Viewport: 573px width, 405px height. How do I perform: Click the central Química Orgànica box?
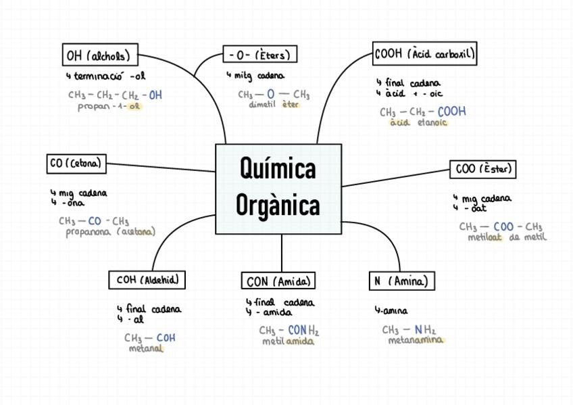pyautogui.click(x=278, y=189)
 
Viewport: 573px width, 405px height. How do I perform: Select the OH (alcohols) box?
pyautogui.click(x=99, y=55)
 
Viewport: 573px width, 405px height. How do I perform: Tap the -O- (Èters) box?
pyautogui.click(x=260, y=54)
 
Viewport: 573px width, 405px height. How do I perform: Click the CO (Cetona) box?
pyautogui.click(x=76, y=163)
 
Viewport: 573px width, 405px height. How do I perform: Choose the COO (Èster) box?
pyautogui.click(x=482, y=169)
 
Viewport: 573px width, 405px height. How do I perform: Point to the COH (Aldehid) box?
pyautogui.click(x=147, y=279)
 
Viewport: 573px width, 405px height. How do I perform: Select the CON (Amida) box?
pyautogui.click(x=278, y=281)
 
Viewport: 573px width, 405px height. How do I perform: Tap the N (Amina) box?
pyautogui.click(x=401, y=281)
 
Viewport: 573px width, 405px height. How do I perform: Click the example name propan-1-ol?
pyautogui.click(x=109, y=107)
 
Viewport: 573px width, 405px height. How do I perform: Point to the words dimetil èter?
pyautogui.click(x=274, y=105)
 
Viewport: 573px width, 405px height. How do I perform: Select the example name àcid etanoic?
pyautogui.click(x=418, y=123)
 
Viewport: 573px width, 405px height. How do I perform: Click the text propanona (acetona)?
pyautogui.click(x=110, y=232)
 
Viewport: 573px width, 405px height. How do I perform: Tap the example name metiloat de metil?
pyautogui.click(x=507, y=237)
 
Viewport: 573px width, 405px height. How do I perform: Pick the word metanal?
pyautogui.click(x=147, y=349)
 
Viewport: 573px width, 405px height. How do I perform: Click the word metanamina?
pyautogui.click(x=416, y=340)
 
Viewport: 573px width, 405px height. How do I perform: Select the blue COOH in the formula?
pyautogui.click(x=451, y=112)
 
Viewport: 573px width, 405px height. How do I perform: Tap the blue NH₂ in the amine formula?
pyautogui.click(x=425, y=329)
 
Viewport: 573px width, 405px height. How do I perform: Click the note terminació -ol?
pyautogui.click(x=109, y=76)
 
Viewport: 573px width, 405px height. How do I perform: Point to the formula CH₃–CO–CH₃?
pyautogui.click(x=94, y=220)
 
